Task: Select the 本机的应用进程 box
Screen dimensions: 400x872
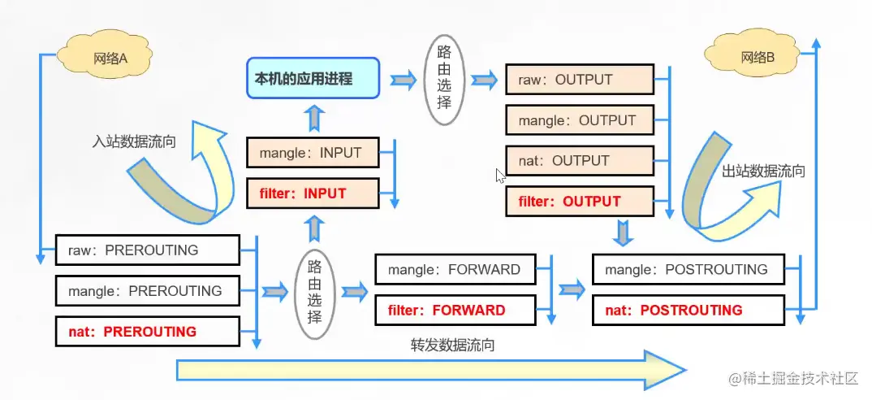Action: [313, 79]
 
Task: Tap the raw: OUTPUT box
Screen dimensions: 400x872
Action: [579, 80]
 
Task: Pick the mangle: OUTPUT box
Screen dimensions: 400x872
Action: [579, 120]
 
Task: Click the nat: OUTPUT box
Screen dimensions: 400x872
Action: [579, 160]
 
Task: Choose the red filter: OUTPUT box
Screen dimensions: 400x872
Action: [579, 201]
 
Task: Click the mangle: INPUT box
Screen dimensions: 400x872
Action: [312, 153]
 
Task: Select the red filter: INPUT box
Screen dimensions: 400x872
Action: [312, 193]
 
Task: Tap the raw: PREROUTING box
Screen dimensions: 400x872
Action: [148, 250]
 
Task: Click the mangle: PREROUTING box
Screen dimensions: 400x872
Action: [148, 290]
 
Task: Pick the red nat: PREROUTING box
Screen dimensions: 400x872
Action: [148, 332]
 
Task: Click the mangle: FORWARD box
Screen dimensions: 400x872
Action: [455, 269]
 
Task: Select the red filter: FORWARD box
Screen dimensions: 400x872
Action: [455, 310]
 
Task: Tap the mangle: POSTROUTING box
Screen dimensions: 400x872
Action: [688, 269]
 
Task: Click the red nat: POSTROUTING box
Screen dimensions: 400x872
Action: [688, 310]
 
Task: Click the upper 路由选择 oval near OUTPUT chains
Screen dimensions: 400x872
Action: [444, 79]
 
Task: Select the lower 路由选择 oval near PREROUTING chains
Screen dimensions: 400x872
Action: [314, 289]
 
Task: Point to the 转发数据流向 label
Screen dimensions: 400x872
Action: [453, 345]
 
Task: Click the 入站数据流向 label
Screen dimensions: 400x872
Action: [135, 141]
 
